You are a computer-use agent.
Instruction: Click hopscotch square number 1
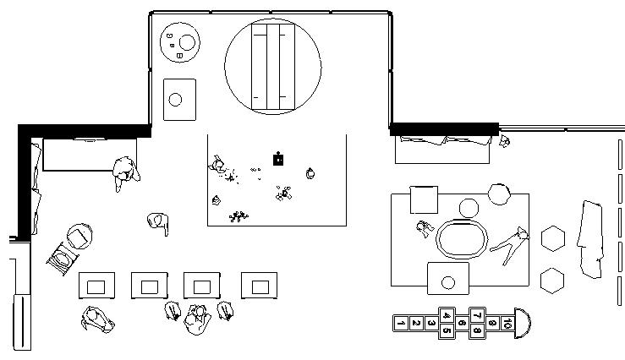click(402, 322)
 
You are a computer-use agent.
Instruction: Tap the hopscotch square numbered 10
click(506, 322)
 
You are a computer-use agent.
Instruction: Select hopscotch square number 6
click(461, 322)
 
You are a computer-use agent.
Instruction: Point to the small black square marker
click(277, 158)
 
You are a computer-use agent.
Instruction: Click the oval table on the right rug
click(462, 237)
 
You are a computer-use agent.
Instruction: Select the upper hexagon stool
click(552, 238)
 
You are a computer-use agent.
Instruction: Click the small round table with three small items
click(181, 41)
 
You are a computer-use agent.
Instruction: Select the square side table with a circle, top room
click(178, 100)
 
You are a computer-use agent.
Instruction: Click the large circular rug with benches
click(272, 66)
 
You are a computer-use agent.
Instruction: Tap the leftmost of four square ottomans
click(96, 286)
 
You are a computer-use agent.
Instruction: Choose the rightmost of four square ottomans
click(258, 286)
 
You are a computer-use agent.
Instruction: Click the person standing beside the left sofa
click(125, 172)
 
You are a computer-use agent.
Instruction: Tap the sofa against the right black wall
click(441, 149)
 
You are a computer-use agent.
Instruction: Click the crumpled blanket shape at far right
click(592, 238)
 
